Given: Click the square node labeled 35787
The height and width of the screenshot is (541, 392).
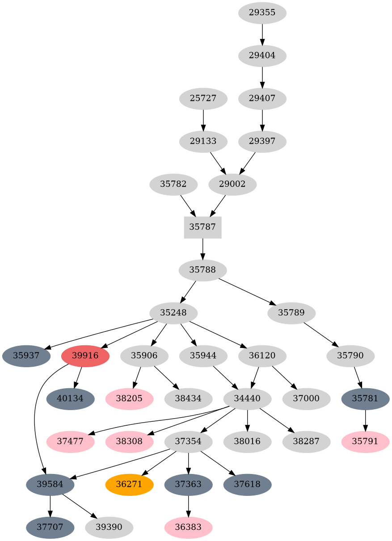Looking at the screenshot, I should click(202, 227).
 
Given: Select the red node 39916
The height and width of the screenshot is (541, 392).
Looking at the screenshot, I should click(85, 356).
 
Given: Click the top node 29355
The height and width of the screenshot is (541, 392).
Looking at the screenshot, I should click(262, 13).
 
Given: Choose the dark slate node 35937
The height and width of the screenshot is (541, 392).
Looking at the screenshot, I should click(26, 356).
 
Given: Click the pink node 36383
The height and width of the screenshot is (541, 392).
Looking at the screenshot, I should click(188, 528).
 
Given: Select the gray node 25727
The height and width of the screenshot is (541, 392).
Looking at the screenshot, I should click(203, 99).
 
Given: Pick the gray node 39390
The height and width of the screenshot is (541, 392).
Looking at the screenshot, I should click(109, 528).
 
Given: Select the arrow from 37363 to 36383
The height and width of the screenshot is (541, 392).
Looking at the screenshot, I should click(188, 506).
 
